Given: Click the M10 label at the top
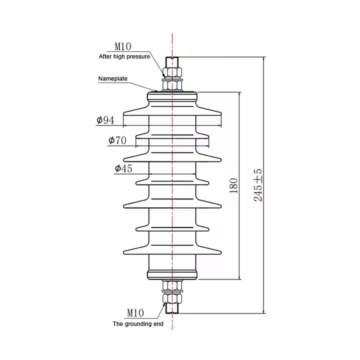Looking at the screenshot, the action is click(x=123, y=46).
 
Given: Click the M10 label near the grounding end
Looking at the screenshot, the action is click(x=135, y=312).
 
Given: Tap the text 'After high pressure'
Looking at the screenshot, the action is click(x=124, y=56).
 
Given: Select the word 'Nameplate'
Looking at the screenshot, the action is click(x=112, y=78).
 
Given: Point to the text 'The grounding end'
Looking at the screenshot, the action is click(x=138, y=324).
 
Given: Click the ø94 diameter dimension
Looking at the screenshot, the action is click(x=105, y=120).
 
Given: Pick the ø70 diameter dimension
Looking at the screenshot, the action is click(x=117, y=140).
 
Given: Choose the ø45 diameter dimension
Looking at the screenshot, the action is click(x=123, y=168).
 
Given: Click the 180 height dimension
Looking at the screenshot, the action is click(x=233, y=185).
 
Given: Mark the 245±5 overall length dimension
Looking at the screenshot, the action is click(x=258, y=185).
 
